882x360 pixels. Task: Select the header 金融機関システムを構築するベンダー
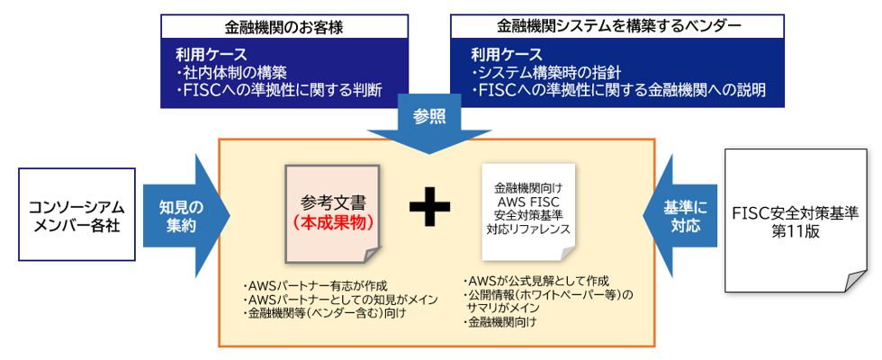[618, 26]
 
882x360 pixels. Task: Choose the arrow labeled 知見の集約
[187, 215]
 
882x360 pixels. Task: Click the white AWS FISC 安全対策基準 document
[528, 209]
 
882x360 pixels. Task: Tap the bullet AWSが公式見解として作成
[533, 280]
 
